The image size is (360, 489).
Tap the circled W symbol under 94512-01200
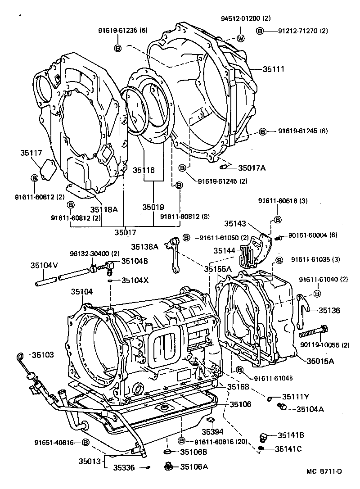pyautogui.click(x=240, y=38)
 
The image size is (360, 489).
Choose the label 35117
pyautogui.click(x=31, y=153)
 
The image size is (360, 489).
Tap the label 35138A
pyautogui.click(x=145, y=246)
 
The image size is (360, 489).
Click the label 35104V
pyautogui.click(x=44, y=265)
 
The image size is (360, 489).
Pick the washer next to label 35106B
pyautogui.click(x=166, y=452)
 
